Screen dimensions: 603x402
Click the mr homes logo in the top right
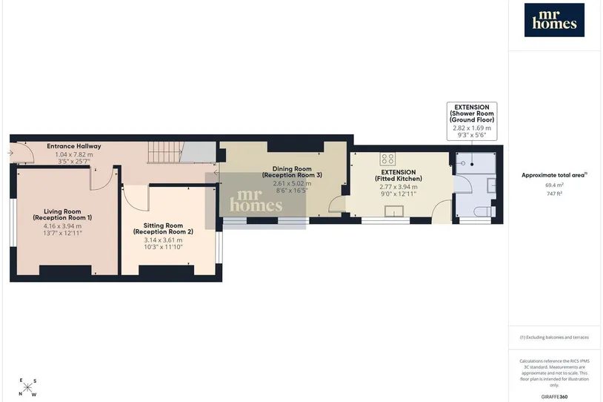554,20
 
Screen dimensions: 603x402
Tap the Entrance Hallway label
74,146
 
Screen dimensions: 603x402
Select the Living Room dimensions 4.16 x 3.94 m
62,226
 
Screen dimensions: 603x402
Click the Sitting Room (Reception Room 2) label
163,228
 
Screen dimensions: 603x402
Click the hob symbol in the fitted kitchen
387,159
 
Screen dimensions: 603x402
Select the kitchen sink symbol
394,211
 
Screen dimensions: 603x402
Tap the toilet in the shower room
485,211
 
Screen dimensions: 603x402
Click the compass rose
27,387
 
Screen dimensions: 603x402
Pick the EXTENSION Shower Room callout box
472,121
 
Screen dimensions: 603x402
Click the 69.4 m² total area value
554,185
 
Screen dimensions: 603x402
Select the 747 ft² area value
554,194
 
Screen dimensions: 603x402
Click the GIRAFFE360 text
554,397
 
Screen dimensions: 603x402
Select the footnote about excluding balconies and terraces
554,337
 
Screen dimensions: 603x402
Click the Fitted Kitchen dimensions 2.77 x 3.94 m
399,187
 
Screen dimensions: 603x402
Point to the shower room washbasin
491,185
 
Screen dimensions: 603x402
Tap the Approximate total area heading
554,175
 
